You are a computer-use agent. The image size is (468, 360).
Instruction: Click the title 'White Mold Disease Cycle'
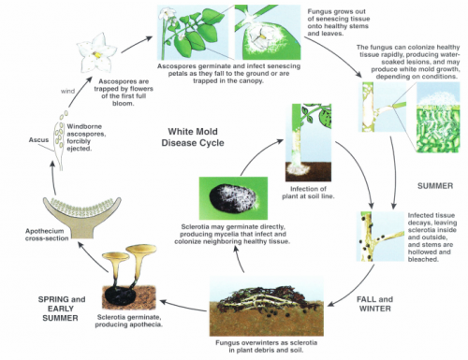pos(193,137)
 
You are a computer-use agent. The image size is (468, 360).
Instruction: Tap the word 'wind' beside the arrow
pos(67,92)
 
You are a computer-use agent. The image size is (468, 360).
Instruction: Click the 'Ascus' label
pos(38,140)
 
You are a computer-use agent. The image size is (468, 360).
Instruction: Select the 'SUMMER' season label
pos(435,186)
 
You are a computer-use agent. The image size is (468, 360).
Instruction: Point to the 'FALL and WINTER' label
pos(374,304)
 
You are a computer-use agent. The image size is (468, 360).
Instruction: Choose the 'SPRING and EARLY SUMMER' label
pos(62,309)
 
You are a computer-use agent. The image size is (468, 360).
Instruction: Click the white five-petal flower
pos(96,53)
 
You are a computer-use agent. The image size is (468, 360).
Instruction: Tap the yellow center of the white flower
pos(97,55)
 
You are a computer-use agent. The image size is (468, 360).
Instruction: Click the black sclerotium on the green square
pos(232,199)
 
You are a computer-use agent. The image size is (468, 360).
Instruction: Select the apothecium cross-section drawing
pos(82,216)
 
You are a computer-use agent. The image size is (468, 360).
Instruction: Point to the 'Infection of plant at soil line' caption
pos(308,193)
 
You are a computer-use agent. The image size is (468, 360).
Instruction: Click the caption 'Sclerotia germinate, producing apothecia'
pos(128,321)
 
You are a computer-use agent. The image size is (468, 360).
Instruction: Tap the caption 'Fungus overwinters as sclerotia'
pos(266,343)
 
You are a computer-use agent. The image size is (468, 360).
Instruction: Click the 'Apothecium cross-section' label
pos(47,235)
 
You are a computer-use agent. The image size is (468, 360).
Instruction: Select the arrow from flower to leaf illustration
pos(136,44)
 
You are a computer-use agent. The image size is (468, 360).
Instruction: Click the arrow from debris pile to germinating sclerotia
pos(183,306)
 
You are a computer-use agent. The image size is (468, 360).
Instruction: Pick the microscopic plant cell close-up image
pos(438,117)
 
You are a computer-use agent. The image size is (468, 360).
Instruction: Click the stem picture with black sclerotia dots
pos(380,237)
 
